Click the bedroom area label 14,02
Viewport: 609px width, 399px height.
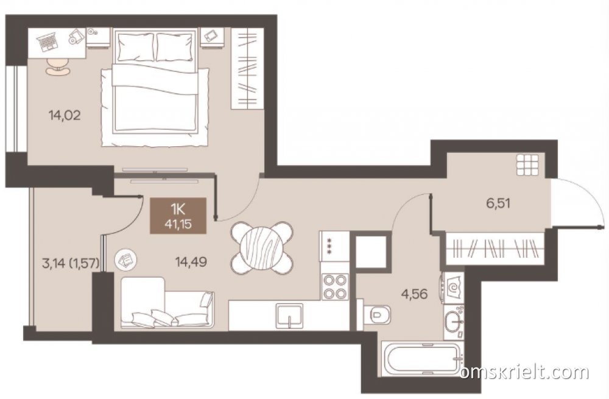65,115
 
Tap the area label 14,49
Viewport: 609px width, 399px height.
191,262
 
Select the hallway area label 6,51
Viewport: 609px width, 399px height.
498,203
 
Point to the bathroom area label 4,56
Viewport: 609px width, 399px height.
414,294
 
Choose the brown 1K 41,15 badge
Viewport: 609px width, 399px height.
178,216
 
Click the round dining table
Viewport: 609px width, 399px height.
261,246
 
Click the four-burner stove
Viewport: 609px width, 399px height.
334,286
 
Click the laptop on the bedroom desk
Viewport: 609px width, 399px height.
48,40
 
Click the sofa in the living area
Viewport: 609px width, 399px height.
167,303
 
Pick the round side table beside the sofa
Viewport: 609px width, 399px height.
125,260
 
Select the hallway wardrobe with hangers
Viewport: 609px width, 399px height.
494,249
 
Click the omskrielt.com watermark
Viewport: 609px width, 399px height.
525,373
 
